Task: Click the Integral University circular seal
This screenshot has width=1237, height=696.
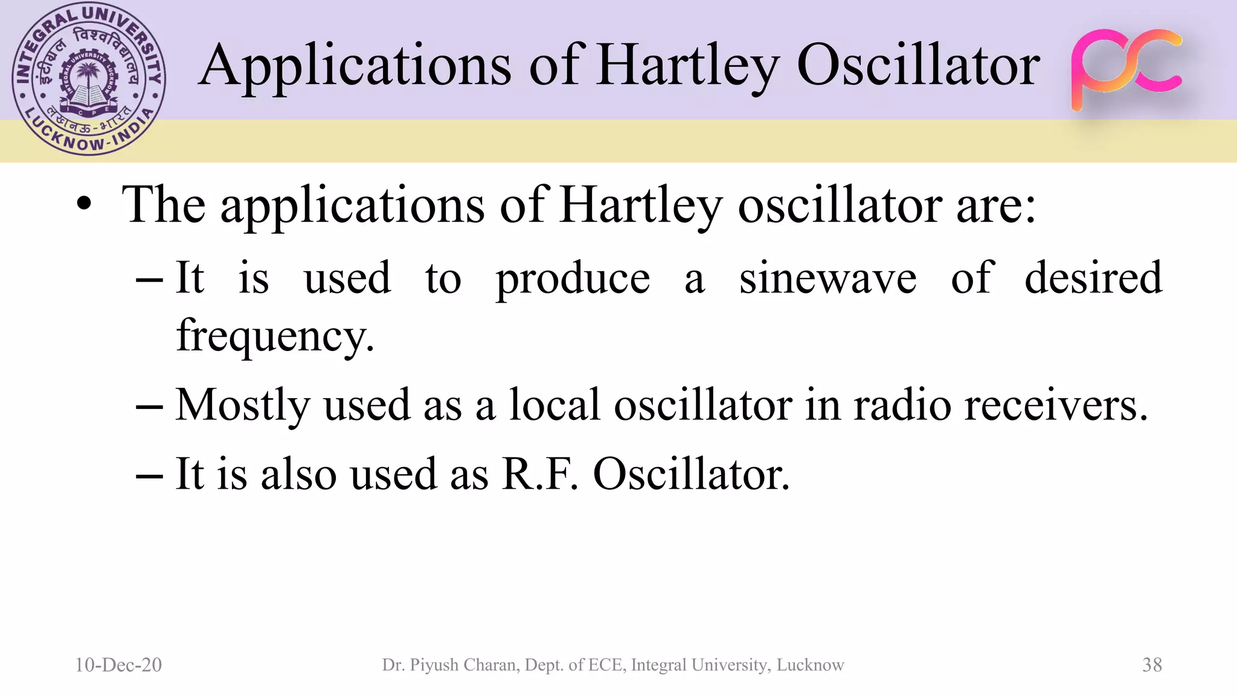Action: tap(89, 79)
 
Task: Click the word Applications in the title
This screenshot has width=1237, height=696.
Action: tap(355, 66)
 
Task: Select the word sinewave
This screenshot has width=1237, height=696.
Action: tap(828, 279)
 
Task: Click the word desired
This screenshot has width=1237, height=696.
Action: tap(1093, 277)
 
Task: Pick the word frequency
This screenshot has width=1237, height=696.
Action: tap(275, 336)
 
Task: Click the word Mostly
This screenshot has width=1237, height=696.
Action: tap(242, 405)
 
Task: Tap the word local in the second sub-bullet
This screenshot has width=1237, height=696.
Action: tap(554, 404)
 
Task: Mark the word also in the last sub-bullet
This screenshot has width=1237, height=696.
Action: tap(298, 474)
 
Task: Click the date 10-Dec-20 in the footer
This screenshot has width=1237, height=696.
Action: tap(118, 665)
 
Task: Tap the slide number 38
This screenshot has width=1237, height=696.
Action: tap(1152, 665)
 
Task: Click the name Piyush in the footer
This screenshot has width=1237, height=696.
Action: tap(432, 665)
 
